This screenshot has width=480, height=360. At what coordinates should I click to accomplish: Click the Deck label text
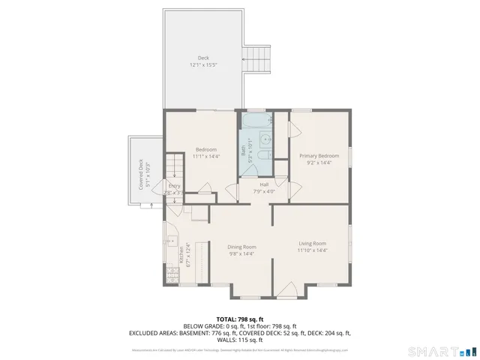203,58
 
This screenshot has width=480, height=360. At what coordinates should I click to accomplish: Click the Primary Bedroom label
319,156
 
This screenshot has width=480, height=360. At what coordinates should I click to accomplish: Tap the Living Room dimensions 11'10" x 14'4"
312,250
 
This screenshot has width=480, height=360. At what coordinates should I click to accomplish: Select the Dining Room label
242,247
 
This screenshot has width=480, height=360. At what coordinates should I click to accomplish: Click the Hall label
265,184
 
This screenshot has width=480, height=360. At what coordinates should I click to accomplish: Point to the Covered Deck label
139,175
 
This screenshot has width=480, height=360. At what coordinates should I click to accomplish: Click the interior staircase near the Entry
174,165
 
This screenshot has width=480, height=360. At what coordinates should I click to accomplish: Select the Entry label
174,186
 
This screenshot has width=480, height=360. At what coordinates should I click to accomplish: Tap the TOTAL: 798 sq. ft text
240,319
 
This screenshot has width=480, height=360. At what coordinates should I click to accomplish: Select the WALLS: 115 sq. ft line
240,339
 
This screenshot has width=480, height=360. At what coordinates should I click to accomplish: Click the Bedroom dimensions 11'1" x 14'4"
205,156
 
